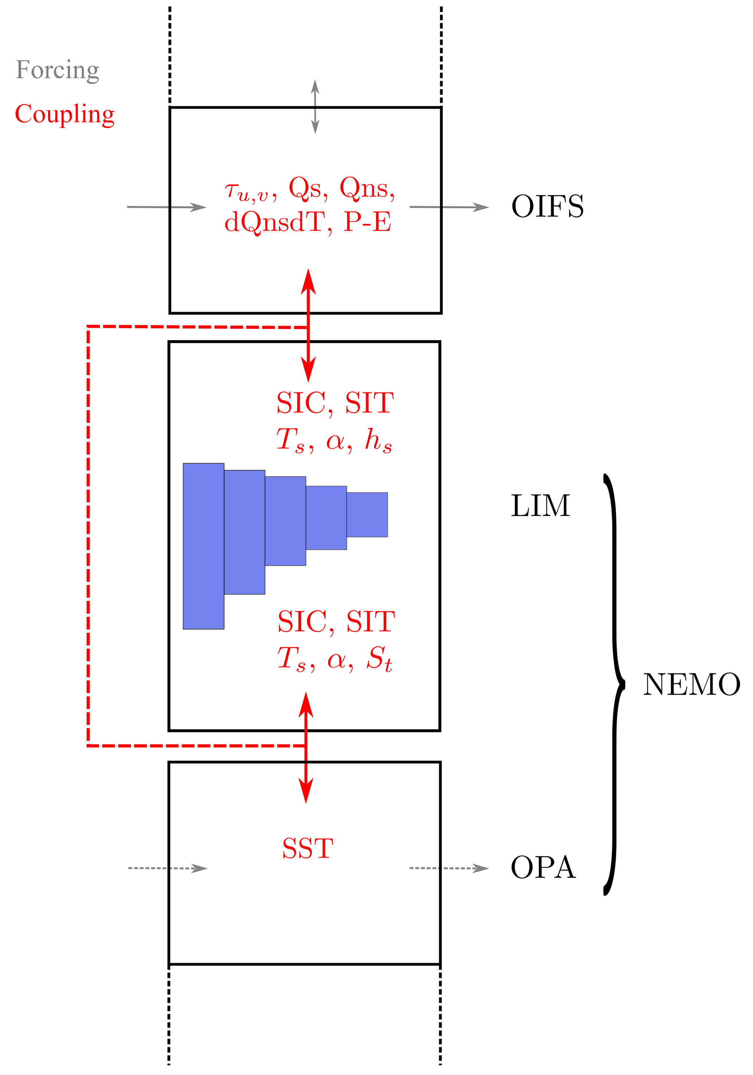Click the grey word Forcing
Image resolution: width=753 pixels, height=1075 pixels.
point(57,70)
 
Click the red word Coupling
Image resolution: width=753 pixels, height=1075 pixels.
point(64,114)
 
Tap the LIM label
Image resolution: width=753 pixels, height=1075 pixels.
point(540,506)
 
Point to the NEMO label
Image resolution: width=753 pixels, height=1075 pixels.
point(691,685)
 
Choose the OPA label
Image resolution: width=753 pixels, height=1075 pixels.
point(543,867)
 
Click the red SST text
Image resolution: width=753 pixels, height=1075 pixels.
point(308,848)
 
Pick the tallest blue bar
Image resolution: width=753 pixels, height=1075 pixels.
point(203,546)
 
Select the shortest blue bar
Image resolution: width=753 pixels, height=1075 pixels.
point(367,515)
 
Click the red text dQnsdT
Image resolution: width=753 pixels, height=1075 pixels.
point(274,223)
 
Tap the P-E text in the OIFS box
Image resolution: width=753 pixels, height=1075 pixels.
point(368,223)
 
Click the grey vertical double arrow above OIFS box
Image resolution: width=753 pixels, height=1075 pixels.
point(315,107)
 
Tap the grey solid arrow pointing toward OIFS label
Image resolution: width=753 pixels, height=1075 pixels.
point(448,207)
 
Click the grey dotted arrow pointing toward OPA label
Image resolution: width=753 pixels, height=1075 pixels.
point(448,868)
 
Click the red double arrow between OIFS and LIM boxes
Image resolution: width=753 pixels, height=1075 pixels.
point(308,326)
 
